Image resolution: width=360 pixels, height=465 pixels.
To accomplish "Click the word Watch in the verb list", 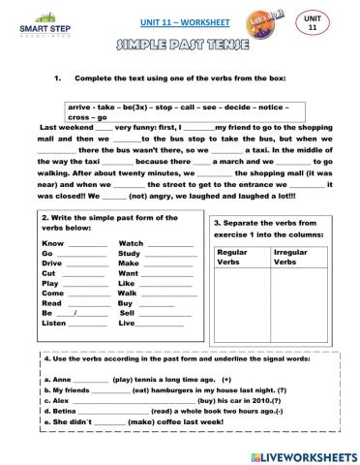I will (131, 244).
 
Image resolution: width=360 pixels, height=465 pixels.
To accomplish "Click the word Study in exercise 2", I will (130, 254).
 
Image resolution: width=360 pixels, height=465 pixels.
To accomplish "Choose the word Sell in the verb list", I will (128, 314).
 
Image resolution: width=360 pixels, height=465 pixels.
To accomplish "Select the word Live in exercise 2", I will (128, 324).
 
